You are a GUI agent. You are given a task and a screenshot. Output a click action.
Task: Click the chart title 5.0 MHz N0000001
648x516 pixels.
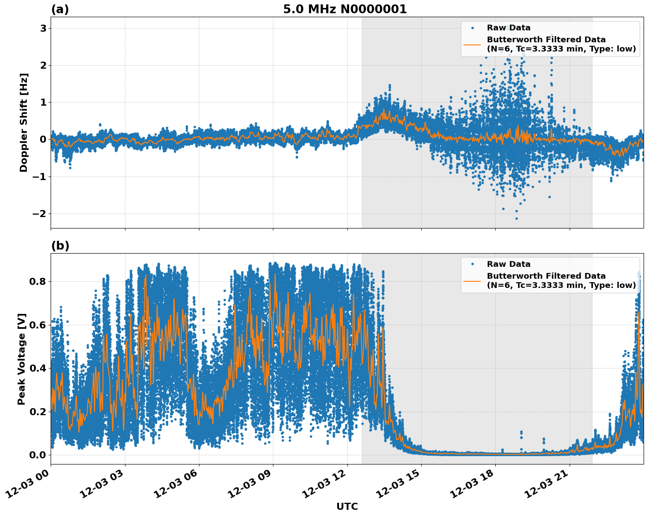(x=345, y=9)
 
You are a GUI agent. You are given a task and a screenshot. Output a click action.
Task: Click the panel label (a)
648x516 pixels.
(x=60, y=9)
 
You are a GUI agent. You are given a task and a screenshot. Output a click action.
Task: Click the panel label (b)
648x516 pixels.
(x=60, y=246)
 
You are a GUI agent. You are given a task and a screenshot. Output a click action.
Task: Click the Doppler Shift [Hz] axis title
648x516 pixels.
(x=24, y=122)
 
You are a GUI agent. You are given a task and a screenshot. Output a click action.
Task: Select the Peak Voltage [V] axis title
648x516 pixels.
(x=22, y=359)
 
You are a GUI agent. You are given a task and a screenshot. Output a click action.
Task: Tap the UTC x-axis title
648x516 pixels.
(x=347, y=507)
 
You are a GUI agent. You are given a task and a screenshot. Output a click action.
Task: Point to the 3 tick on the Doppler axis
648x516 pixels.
(x=43, y=28)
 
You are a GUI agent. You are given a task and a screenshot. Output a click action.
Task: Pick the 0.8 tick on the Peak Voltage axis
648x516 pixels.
(x=37, y=281)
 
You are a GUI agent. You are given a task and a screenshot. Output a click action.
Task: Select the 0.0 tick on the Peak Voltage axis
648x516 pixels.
(x=37, y=455)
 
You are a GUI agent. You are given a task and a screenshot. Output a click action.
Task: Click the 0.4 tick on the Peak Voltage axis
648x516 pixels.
(x=37, y=368)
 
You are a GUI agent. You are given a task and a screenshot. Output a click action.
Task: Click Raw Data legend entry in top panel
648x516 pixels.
(x=508, y=28)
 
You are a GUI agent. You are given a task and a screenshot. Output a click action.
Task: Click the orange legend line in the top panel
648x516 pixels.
(x=472, y=44)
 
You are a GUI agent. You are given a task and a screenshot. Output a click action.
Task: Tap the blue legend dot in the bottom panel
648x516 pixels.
(x=472, y=264)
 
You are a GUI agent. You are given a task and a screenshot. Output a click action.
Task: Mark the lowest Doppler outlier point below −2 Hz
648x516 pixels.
(x=516, y=218)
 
